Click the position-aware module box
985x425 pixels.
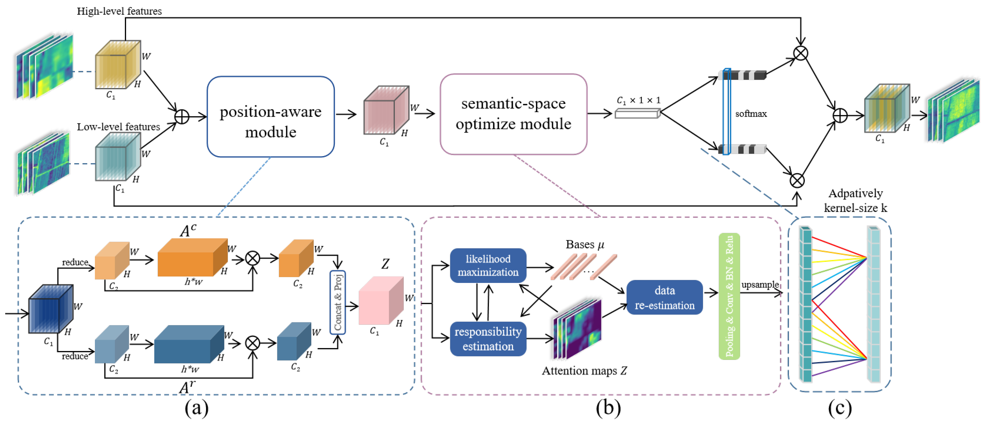pos(270,117)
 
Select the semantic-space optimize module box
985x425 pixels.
pos(513,114)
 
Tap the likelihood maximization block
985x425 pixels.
pos(488,266)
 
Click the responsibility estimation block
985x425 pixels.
pos(488,339)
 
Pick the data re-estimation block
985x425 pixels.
pos(664,298)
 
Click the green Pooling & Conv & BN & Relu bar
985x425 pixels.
pos(729,296)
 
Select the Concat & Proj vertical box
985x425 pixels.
pos(338,302)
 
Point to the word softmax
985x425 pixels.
pos(751,114)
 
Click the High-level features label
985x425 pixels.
pos(119,11)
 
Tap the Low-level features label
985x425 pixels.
pos(118,127)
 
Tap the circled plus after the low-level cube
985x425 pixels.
pos(182,116)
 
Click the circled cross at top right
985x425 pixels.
pos(800,53)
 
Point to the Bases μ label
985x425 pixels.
pos(585,244)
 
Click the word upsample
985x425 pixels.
pos(759,284)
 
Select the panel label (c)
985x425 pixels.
pos(839,408)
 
